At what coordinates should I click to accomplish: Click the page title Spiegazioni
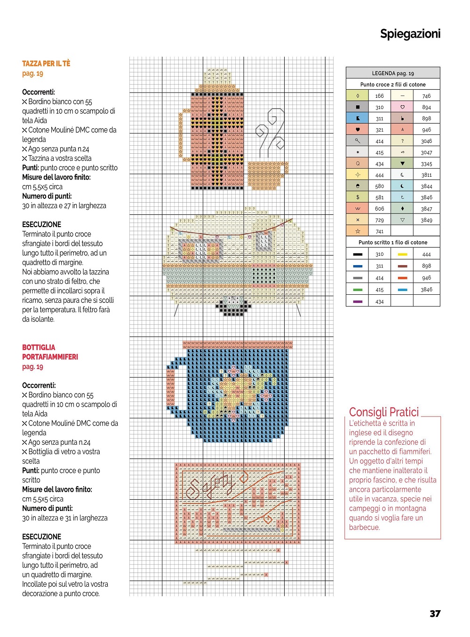tap(410, 34)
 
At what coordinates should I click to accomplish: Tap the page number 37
tap(435, 613)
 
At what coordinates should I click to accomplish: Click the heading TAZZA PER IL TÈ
tap(46, 63)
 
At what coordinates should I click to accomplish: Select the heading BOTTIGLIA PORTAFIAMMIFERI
tap(50, 352)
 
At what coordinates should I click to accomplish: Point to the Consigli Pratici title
tap(383, 412)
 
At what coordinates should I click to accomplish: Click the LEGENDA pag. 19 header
tap(393, 73)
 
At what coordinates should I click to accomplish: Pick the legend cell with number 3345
tap(426, 164)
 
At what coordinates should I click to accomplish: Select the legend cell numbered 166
tap(379, 96)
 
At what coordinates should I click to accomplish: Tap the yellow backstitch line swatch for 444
tap(402, 254)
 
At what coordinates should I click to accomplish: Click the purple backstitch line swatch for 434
tap(358, 301)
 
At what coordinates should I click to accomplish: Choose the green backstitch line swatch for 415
tap(358, 290)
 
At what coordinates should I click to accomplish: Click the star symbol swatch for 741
tap(358, 231)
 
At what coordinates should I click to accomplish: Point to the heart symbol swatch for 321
tap(358, 130)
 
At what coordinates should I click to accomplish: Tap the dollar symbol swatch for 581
tap(358, 197)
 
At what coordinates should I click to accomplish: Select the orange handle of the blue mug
tap(170, 388)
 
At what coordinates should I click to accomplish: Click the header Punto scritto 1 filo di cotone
tap(393, 243)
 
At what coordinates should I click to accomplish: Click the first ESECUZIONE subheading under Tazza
tap(41, 225)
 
